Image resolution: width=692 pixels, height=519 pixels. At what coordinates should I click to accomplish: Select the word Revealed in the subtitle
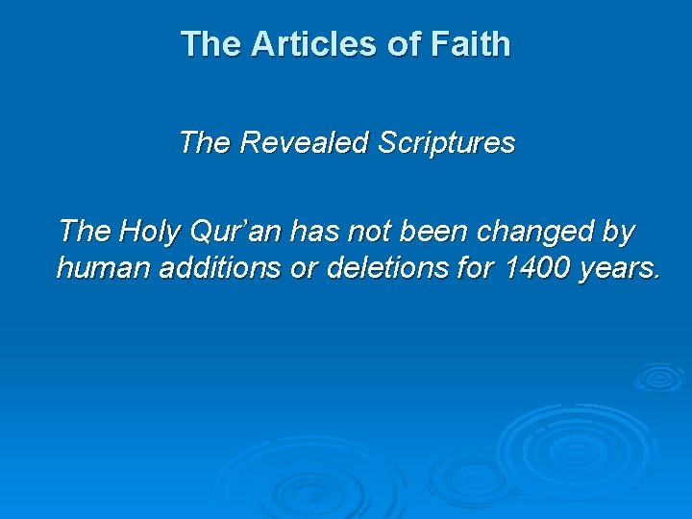[305, 143]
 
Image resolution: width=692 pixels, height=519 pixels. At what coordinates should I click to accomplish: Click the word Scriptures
[447, 143]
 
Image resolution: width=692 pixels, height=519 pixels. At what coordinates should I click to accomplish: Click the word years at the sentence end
[621, 268]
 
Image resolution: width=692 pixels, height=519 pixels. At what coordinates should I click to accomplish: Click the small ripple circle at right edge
[658, 377]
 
